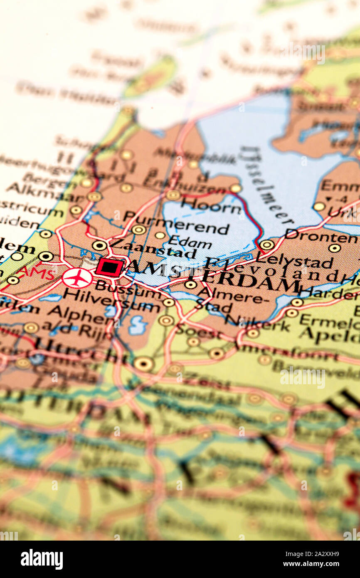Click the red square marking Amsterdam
pos(109,267)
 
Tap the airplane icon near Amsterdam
pos(77,278)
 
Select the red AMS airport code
pos(37,273)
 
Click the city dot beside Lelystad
pos(266,245)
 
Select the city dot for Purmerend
pos(138,230)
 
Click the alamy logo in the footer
pos(42,559)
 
